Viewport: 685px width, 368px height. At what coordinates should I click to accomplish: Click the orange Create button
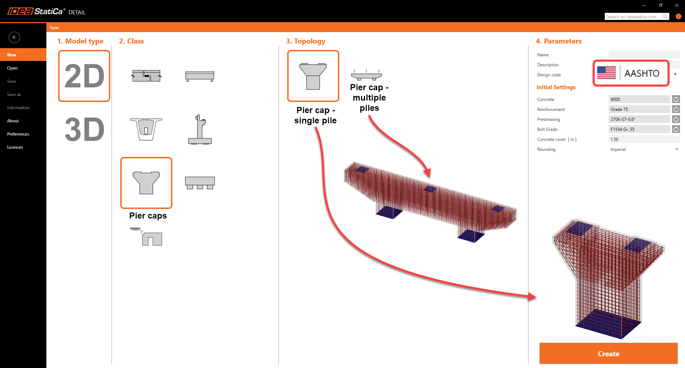click(608, 353)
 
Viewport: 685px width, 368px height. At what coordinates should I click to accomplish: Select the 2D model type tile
click(84, 76)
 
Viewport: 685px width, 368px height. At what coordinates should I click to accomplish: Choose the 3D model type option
click(84, 129)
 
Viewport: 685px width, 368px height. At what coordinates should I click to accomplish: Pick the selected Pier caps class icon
click(146, 183)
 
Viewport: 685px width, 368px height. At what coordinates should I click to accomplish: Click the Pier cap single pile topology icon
click(313, 76)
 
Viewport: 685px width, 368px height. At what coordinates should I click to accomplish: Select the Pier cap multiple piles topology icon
click(366, 74)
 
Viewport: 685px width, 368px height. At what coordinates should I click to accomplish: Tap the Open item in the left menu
click(12, 68)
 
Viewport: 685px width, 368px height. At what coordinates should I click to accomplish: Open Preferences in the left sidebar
click(18, 134)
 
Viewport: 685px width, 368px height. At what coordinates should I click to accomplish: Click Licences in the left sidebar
click(15, 147)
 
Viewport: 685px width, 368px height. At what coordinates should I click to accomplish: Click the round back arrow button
click(14, 37)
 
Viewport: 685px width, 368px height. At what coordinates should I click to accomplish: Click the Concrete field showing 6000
click(639, 99)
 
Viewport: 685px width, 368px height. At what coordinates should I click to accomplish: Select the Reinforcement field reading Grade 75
click(639, 109)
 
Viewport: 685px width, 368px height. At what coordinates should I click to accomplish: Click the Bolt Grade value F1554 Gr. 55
click(639, 129)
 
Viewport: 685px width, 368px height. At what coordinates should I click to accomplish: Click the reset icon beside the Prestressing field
click(676, 119)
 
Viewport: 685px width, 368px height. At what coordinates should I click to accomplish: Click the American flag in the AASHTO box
click(606, 73)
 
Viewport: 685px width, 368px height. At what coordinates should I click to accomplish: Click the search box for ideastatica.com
click(634, 17)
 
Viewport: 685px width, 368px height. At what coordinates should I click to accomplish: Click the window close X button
click(677, 5)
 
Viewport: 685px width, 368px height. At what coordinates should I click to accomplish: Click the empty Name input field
click(644, 55)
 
